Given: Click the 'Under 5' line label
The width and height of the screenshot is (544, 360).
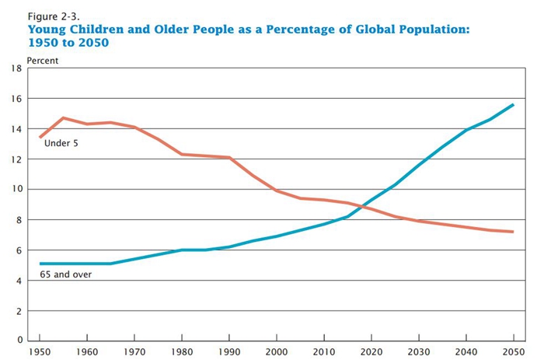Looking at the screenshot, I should [61, 144].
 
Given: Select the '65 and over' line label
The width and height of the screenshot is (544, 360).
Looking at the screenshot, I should [66, 274].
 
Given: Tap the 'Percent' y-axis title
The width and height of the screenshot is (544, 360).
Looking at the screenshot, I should [43, 60].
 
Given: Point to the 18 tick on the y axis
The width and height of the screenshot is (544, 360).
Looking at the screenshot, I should [16, 68].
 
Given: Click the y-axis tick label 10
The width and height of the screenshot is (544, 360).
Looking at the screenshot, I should [16, 190].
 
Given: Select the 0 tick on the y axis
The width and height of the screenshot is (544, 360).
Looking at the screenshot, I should [19, 341].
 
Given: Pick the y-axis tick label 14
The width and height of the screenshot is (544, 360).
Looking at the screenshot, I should [16, 129].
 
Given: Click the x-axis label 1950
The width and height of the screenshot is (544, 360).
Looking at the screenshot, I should [39, 351].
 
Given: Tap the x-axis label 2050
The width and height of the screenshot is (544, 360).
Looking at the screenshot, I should [513, 351].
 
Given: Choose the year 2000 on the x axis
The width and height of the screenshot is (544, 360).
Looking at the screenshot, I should [276, 351].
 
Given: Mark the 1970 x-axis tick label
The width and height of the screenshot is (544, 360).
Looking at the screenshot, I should [134, 351].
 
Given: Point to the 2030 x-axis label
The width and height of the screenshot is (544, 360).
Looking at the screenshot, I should [418, 351].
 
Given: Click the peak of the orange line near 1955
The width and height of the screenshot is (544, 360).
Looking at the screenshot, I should [63, 118].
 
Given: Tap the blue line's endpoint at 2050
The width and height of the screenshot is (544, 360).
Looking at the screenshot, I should [513, 105].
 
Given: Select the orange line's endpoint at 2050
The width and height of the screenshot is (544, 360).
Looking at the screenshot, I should [513, 232].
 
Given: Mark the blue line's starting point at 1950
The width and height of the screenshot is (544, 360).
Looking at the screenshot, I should [40, 264].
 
